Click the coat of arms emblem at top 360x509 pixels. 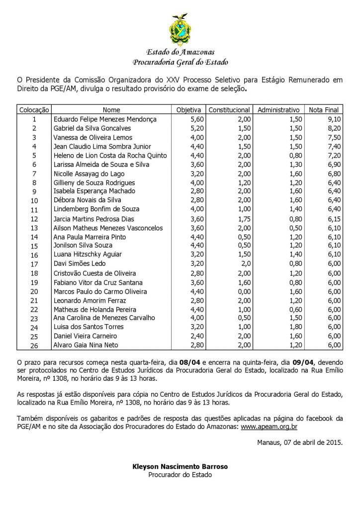pos(180,30)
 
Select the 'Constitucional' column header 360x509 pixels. pos(229,110)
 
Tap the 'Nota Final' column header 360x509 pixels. pos(323,110)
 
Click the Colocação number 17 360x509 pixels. pos(34,264)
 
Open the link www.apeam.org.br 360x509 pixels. pos(269,426)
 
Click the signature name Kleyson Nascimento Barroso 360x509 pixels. pos(180,467)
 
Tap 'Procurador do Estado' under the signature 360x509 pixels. pos(180,475)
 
